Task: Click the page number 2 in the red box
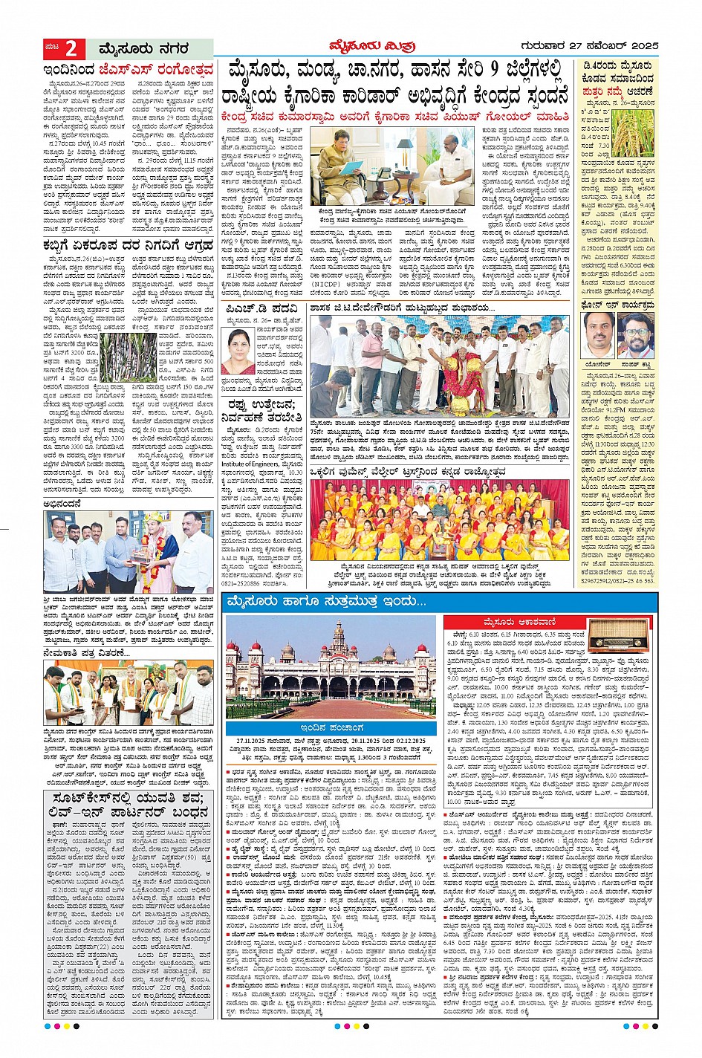point(72,49)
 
